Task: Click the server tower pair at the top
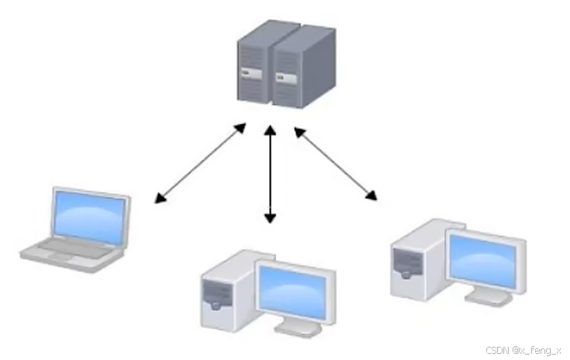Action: coord(285,64)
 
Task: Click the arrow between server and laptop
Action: coord(200,162)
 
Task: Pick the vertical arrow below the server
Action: coord(270,175)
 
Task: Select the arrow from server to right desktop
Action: coord(335,163)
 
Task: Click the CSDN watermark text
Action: coord(523,351)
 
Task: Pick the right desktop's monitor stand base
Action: coord(488,301)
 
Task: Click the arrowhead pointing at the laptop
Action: coord(161,199)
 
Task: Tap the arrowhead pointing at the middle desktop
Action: coord(270,218)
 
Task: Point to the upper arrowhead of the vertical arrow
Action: coord(270,131)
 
